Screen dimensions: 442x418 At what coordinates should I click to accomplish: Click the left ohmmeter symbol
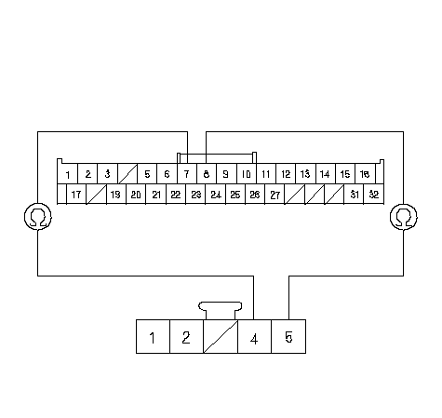tap(38, 217)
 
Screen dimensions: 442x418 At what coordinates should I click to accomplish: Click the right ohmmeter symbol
tap(404, 217)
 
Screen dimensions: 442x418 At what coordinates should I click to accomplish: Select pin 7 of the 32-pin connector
tap(187, 174)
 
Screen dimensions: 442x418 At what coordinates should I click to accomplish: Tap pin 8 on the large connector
tap(207, 174)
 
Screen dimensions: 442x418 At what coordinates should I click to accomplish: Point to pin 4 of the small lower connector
tap(254, 336)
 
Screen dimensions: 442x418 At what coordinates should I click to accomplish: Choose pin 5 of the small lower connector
tap(288, 336)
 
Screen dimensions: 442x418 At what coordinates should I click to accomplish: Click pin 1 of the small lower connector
tap(153, 336)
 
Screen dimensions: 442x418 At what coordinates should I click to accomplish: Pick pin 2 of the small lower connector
tap(186, 336)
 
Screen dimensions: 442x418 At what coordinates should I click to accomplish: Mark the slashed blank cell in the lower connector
tap(221, 336)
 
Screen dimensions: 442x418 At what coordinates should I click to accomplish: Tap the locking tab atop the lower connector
tap(221, 310)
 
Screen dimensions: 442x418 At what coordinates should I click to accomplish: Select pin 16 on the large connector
tap(365, 174)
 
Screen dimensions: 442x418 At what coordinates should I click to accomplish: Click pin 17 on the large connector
tap(76, 195)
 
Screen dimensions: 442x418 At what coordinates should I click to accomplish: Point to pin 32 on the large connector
tap(374, 195)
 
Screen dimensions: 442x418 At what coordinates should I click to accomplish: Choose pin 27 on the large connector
tap(275, 195)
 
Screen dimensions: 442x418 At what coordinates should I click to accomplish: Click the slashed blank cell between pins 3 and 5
tap(127, 174)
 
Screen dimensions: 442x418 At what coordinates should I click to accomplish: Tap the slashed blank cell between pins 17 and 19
tap(97, 195)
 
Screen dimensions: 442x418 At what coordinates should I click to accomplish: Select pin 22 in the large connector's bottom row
tap(176, 195)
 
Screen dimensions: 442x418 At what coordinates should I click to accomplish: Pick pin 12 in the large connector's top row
tap(286, 174)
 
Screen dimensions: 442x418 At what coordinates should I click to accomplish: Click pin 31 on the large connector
tap(354, 195)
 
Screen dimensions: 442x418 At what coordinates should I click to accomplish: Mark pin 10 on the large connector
tap(247, 174)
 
